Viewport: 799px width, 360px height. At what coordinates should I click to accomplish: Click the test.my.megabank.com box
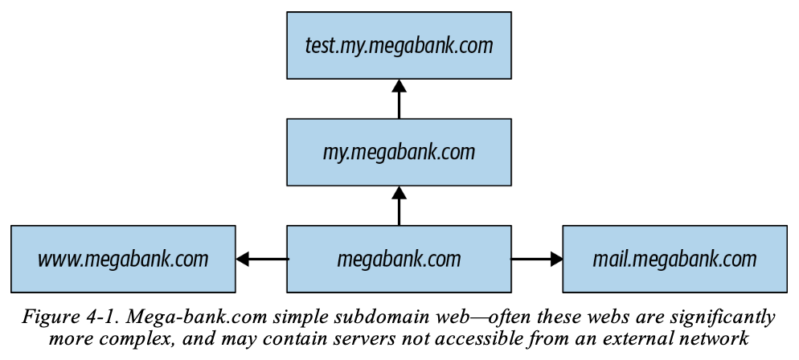399,45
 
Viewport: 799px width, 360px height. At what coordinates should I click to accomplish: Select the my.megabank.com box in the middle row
399,152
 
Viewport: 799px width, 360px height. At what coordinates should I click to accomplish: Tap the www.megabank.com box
123,259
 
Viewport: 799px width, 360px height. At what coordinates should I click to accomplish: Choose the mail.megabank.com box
674,259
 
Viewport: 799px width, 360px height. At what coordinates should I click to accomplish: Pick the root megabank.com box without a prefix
399,259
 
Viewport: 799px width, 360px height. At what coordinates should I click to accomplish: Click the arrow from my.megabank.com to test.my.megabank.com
399,99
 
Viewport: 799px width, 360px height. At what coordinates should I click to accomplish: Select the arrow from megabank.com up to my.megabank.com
399,205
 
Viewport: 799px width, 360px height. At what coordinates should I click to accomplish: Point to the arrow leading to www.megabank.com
261,259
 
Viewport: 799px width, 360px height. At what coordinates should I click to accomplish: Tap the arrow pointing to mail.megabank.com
536,259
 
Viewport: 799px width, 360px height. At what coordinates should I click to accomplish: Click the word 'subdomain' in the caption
353,317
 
